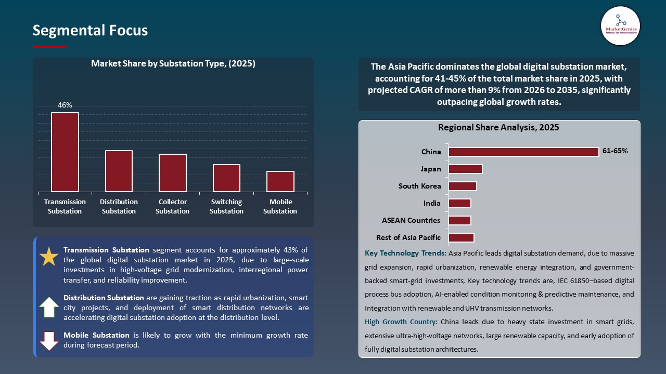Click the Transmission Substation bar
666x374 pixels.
tap(65, 152)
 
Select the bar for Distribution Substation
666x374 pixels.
tap(119, 171)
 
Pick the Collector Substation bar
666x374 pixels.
tap(173, 173)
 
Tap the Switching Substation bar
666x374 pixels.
tap(226, 178)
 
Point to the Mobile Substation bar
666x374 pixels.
tap(280, 181)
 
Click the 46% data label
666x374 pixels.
tap(65, 105)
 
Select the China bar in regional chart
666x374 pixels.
tap(523, 152)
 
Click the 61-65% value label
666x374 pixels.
tap(615, 151)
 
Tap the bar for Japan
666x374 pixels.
tap(465, 169)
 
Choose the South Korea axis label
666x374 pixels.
tap(419, 186)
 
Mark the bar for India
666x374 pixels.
tap(459, 203)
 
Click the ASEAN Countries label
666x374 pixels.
tap(411, 220)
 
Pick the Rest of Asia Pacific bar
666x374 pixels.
tap(461, 237)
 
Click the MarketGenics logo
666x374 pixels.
tap(620, 25)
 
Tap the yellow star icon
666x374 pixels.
tap(49, 257)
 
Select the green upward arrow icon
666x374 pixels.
tap(49, 307)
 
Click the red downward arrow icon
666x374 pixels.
tap(49, 340)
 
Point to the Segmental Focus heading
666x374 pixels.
tap(90, 30)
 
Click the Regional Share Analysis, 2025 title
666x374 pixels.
tap(498, 127)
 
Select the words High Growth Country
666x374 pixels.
tap(400, 322)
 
